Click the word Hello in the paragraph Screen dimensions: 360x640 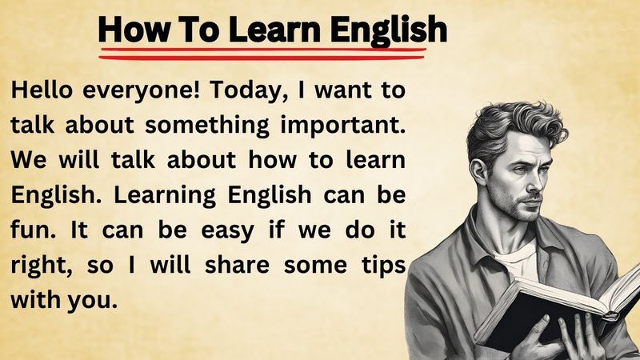41,90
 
